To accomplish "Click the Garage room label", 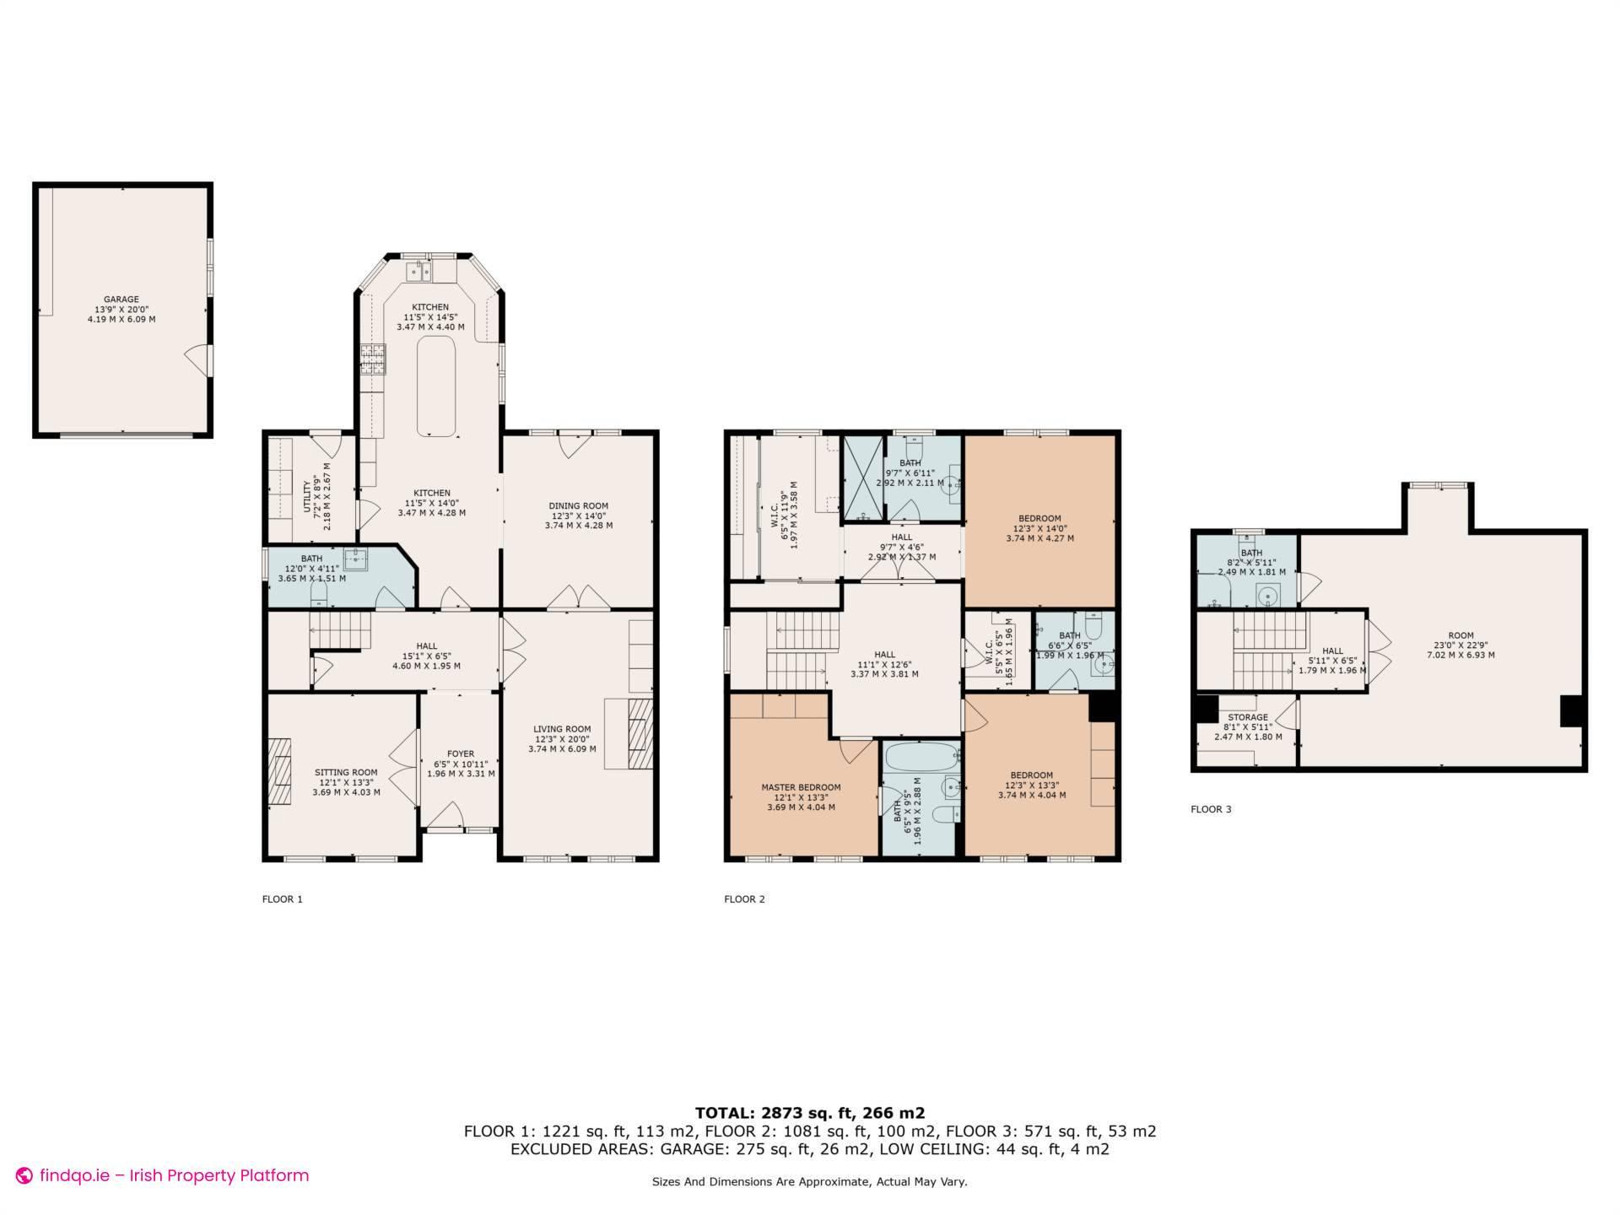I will click(x=121, y=309).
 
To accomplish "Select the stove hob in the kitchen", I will click(x=373, y=360).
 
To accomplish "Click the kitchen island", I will click(x=436, y=386).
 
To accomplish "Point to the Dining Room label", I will click(x=579, y=516).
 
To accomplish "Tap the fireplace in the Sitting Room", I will click(x=280, y=773).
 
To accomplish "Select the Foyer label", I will click(x=461, y=763).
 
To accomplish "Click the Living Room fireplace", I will click(x=640, y=733).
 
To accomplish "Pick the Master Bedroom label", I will click(x=801, y=796).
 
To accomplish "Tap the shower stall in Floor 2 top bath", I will click(x=862, y=478).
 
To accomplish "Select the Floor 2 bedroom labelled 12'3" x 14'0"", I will click(x=1039, y=528).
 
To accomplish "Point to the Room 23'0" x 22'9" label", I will click(x=1461, y=645).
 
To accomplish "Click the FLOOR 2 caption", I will click(x=744, y=899).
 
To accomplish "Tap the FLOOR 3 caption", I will click(x=1211, y=809).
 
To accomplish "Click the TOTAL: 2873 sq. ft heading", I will click(x=809, y=1113).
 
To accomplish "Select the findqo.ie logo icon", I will click(x=24, y=1175).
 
